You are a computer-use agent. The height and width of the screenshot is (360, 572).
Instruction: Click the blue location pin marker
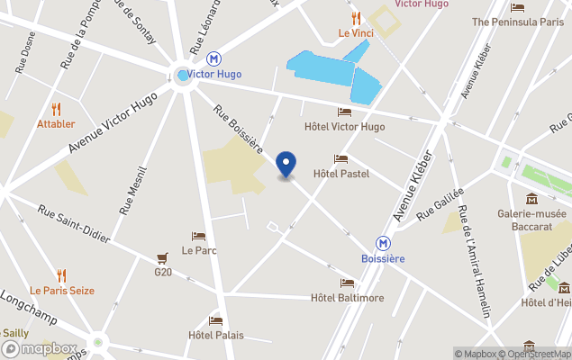click(286, 165)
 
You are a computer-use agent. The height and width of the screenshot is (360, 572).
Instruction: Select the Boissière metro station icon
click(383, 242)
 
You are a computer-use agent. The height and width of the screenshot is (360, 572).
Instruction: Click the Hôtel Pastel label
click(341, 173)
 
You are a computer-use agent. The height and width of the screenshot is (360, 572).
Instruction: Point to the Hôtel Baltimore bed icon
click(347, 283)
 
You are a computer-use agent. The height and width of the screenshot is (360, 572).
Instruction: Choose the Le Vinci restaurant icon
click(356, 17)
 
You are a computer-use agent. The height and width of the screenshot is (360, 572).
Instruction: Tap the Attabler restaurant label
click(56, 124)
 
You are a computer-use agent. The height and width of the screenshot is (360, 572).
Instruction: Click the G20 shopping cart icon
click(162, 257)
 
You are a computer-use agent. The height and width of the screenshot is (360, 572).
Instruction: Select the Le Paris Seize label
click(61, 291)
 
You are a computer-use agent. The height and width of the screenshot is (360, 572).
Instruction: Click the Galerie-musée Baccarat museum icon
click(532, 198)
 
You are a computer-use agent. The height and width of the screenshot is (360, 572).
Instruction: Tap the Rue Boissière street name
click(238, 129)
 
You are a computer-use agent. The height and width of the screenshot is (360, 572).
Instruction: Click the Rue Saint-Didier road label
click(73, 223)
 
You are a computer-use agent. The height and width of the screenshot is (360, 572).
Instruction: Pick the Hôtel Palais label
click(215, 335)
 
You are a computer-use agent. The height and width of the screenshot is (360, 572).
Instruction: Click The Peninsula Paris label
click(517, 21)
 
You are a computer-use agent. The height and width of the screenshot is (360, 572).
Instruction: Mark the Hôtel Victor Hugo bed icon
click(344, 112)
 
